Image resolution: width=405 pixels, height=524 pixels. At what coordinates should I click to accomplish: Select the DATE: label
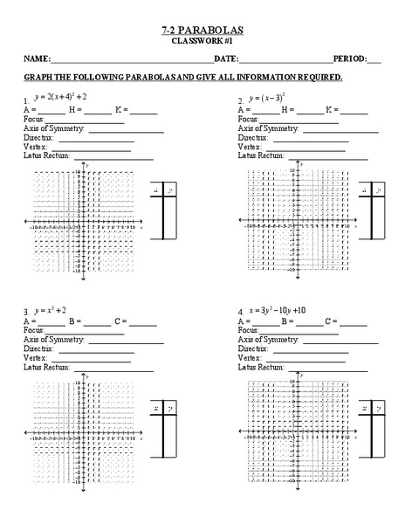(x=226, y=59)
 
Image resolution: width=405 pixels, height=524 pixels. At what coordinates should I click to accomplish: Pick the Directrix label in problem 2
(x=253, y=138)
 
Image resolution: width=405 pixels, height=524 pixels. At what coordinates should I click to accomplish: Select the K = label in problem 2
(x=331, y=111)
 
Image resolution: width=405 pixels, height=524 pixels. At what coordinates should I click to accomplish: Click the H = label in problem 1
(x=76, y=111)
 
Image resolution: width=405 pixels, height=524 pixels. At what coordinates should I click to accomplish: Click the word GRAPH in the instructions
(x=39, y=78)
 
